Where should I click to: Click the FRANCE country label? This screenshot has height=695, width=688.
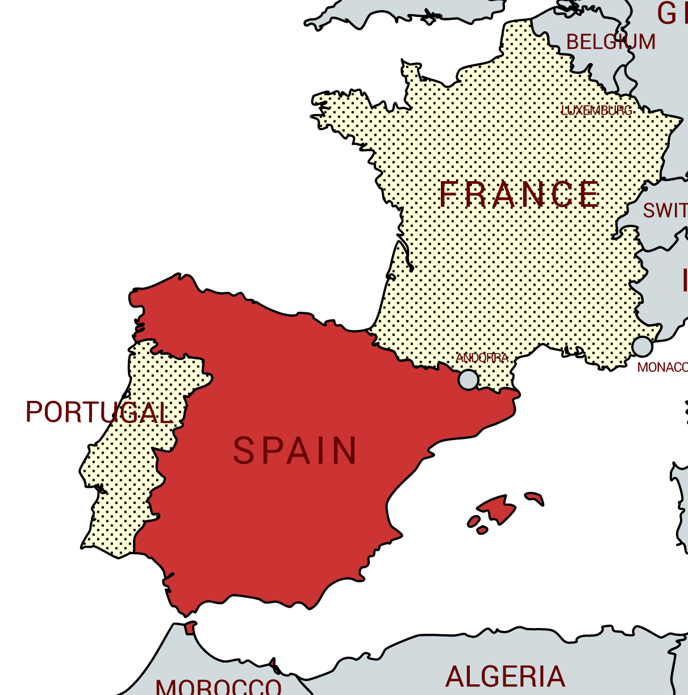(519, 194)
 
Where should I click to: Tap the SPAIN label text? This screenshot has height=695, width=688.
(295, 451)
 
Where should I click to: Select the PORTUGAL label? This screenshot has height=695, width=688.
(99, 412)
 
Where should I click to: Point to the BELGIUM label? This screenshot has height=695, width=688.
(611, 42)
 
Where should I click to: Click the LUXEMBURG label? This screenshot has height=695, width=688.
(597, 110)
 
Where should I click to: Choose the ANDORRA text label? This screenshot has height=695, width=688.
(482, 358)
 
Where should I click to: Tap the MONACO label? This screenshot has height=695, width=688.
(662, 367)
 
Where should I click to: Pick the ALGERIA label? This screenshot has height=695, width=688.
(505, 677)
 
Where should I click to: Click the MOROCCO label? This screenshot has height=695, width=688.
(219, 687)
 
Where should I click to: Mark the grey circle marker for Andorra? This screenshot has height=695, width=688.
(469, 379)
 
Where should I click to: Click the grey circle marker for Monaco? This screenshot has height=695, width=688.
(642, 346)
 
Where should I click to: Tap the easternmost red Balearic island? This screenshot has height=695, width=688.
(534, 498)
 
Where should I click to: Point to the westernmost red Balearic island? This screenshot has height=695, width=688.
(473, 521)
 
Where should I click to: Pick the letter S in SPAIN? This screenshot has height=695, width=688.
(243, 451)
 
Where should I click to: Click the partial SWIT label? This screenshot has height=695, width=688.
(665, 211)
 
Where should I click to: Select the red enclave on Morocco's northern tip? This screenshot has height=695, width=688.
(190, 627)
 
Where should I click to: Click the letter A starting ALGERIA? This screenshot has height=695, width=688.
(455, 677)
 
